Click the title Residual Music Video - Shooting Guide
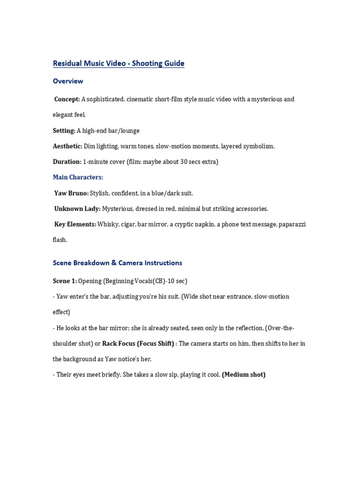[x=119, y=63]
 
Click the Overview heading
[x=68, y=81]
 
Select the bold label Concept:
[x=67, y=99]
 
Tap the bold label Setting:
[x=64, y=131]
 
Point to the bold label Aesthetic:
[x=67, y=146]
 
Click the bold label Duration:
[x=67, y=162]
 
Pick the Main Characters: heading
[x=78, y=177]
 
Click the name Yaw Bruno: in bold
[x=71, y=193]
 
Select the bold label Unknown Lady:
[x=77, y=209]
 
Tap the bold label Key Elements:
[x=75, y=225]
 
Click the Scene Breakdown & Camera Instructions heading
[x=117, y=263]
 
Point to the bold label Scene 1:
[x=65, y=281]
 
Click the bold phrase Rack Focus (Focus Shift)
[x=138, y=344]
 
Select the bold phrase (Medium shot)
[x=244, y=375]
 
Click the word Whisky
[x=107, y=225]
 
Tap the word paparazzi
[x=292, y=225]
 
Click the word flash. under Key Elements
[x=60, y=240]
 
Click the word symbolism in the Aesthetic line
[x=258, y=146]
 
